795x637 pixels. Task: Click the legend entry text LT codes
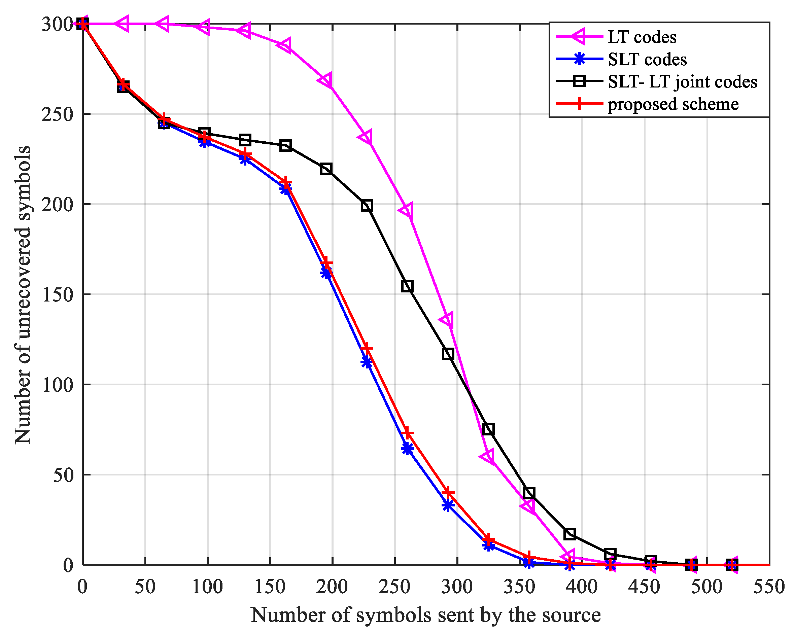coord(642,37)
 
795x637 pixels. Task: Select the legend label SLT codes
coord(647,59)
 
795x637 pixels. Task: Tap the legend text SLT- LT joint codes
coord(683,81)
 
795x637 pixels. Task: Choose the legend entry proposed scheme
coord(673,104)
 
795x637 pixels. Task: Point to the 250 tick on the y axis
coord(57,114)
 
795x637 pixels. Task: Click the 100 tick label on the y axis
coord(57,385)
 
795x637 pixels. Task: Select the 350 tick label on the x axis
coord(520,587)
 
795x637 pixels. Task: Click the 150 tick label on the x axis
coord(270,587)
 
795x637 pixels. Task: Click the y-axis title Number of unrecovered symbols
coord(23,295)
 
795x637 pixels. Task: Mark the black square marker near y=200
coord(367,206)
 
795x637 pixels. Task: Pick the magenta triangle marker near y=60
coord(487,456)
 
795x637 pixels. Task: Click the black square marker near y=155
coord(407,286)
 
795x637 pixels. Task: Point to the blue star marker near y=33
coord(448,505)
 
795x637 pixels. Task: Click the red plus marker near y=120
coord(367,348)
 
